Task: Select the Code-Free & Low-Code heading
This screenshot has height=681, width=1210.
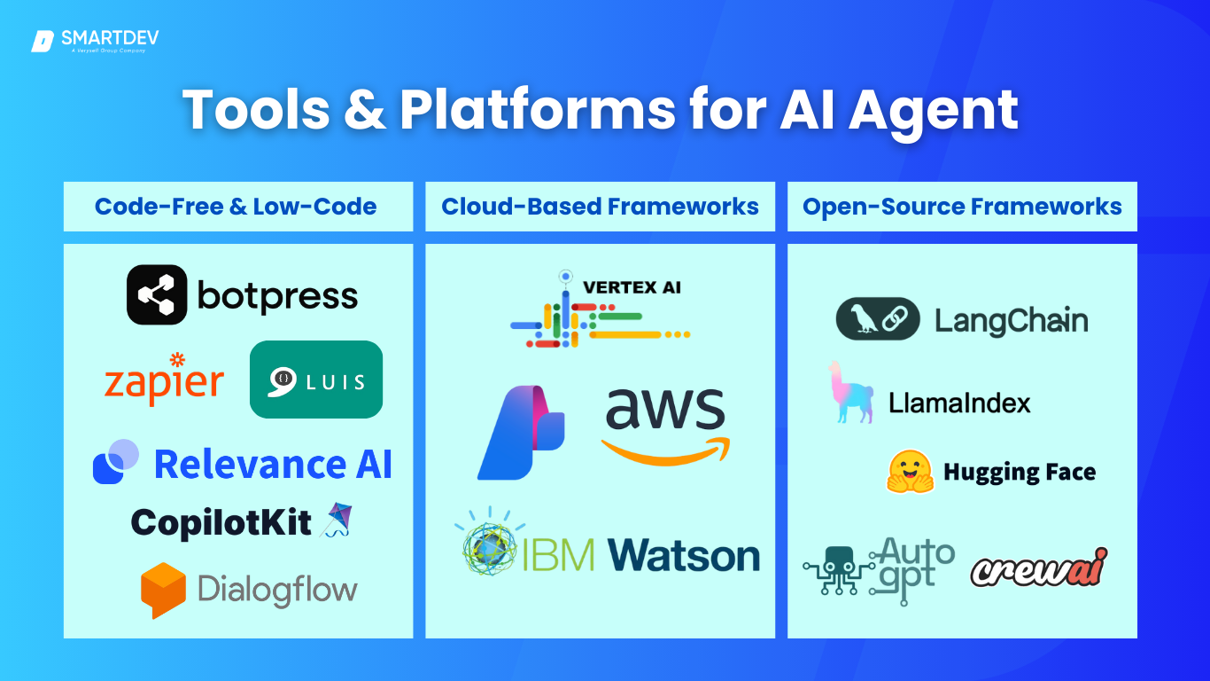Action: pos(236,207)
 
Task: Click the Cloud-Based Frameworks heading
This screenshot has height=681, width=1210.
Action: pos(600,207)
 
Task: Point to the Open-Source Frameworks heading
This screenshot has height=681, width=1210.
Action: pos(962,207)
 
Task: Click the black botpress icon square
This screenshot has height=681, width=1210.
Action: pos(157,294)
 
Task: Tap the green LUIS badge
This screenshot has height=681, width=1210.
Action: pos(316,380)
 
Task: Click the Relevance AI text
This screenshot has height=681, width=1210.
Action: pos(273,464)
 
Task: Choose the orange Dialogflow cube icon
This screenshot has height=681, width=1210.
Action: pos(163,590)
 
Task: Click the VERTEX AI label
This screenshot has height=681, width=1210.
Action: pos(632,287)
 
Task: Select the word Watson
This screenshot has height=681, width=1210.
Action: pos(683,556)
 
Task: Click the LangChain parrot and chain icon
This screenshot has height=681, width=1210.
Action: pos(878,319)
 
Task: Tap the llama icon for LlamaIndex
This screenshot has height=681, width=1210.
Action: pos(849,393)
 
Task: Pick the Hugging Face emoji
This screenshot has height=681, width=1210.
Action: pos(910,472)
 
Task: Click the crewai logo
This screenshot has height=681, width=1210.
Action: pos(1039,567)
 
